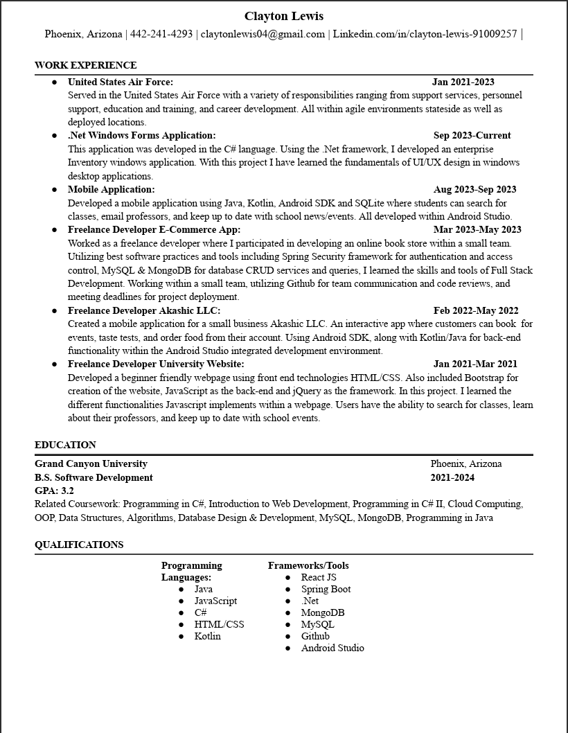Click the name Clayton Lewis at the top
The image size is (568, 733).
(x=283, y=16)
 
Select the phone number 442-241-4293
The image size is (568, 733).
(x=161, y=34)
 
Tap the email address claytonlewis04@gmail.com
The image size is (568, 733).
(x=263, y=34)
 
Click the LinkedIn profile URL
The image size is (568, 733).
(x=425, y=34)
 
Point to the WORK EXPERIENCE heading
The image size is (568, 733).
(x=85, y=65)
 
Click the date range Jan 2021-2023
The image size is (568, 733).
(x=463, y=82)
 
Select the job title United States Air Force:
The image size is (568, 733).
(x=121, y=82)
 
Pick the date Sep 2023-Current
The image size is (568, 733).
(x=472, y=135)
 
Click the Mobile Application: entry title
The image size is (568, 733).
(x=112, y=189)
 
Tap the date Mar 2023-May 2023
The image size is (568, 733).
(x=477, y=229)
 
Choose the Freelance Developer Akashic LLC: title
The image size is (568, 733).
(x=144, y=310)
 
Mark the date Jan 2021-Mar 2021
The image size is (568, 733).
(x=475, y=364)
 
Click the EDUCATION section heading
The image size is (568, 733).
(x=65, y=445)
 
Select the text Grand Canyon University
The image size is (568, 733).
(x=91, y=463)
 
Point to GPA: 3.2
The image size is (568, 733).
(x=54, y=491)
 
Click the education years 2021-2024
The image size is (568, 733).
(x=452, y=477)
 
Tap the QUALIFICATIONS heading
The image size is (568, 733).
(x=79, y=545)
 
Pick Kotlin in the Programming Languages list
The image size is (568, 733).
(x=207, y=636)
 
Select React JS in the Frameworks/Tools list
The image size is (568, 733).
(x=319, y=577)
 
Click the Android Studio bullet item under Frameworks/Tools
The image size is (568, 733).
(x=332, y=648)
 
